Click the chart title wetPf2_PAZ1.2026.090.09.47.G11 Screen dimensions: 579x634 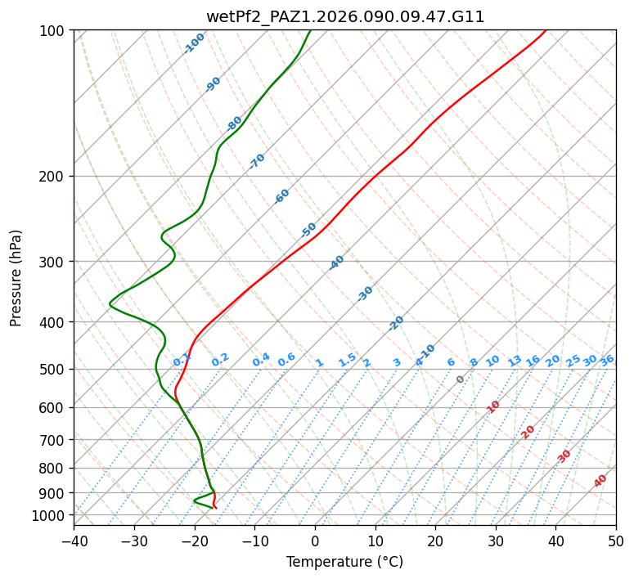[344, 16]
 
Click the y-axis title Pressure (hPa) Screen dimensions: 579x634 [16, 278]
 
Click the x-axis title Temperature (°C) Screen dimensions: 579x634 [344, 562]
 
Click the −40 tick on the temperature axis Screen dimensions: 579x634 [74, 541]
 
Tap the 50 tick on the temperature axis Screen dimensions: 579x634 [616, 541]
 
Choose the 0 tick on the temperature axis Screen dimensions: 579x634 [315, 541]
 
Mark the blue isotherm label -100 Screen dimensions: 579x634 [195, 43]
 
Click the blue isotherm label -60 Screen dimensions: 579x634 [282, 196]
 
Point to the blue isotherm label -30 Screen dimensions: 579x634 [366, 293]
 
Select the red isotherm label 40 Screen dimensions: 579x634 [600, 481]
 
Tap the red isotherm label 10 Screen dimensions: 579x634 [493, 406]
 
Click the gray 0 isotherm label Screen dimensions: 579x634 [461, 379]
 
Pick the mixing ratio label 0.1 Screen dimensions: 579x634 [182, 359]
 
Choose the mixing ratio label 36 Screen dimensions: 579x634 [607, 360]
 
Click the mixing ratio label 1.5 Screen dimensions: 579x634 [348, 359]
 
